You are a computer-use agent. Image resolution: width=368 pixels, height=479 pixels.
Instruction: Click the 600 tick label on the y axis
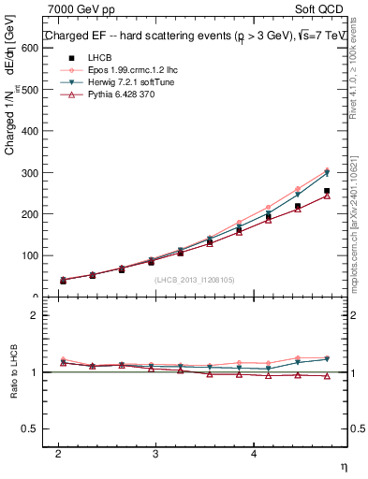[x=27, y=49]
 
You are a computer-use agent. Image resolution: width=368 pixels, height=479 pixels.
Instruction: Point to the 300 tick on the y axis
[x=27, y=173]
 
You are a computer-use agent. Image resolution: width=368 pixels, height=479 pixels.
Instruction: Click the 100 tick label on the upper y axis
[x=27, y=255]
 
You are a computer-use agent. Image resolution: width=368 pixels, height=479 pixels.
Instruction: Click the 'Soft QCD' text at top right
[x=325, y=9]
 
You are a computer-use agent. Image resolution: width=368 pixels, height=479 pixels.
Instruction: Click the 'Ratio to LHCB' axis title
[x=12, y=372]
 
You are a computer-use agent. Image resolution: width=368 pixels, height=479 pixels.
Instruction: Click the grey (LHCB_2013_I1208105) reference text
[x=195, y=279]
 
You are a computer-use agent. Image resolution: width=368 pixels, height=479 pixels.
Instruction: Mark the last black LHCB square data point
[x=327, y=191]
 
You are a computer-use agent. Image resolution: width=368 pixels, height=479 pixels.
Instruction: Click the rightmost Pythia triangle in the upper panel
[x=327, y=196]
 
